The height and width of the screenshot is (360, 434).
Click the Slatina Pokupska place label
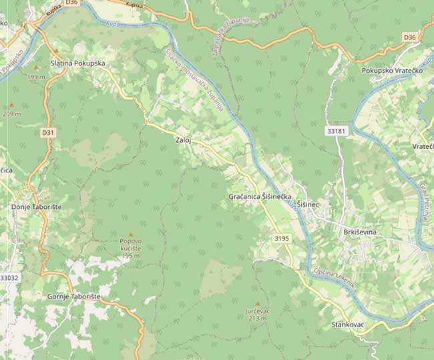[78, 63]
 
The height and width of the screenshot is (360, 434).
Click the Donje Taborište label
[37, 208]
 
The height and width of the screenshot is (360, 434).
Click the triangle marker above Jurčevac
[258, 303]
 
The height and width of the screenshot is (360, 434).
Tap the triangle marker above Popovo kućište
[130, 234]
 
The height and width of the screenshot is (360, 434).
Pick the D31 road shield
[47, 133]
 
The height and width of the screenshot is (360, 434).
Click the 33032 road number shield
[9, 277]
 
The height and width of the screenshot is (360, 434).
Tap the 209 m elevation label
[11, 114]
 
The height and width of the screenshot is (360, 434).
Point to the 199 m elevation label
[37, 77]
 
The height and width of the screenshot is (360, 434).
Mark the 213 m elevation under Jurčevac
[257, 319]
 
